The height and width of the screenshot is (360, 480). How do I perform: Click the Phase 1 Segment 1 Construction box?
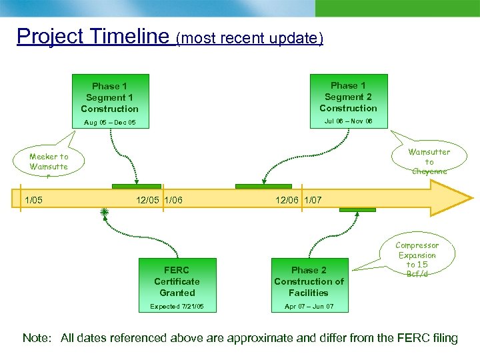[109, 97]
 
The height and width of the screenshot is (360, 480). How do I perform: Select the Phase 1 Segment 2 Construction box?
[348, 97]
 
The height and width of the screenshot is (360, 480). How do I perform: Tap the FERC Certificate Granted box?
[177, 281]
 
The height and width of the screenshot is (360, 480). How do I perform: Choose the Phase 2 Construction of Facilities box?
[309, 281]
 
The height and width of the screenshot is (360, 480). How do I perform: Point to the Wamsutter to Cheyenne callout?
[429, 161]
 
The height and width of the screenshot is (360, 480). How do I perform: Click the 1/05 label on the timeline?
[34, 200]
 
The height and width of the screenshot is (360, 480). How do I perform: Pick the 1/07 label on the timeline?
[313, 200]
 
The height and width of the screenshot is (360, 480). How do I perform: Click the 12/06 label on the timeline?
[287, 200]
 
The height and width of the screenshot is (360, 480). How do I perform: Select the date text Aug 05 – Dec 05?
[110, 123]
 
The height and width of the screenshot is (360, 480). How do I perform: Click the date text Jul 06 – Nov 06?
[348, 121]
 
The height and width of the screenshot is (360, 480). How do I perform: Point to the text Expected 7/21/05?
[177, 307]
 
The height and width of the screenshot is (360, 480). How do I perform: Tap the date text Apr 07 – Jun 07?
[309, 307]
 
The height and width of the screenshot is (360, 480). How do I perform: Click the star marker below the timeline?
[104, 212]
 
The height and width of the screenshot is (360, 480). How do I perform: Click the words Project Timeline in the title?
[93, 36]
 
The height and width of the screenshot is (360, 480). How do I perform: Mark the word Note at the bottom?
[37, 338]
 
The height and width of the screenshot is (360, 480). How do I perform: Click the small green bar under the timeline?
[357, 210]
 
